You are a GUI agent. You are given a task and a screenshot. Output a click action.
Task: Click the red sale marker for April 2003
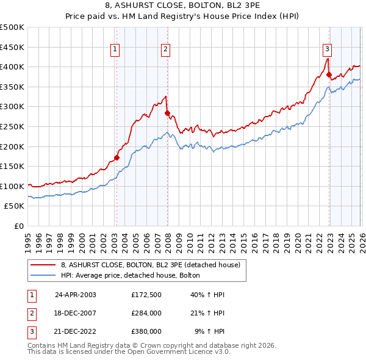coord(117,157)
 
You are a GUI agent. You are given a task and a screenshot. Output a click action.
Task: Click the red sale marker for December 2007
coord(167,113)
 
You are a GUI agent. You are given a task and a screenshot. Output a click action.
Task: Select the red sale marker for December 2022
coord(329,75)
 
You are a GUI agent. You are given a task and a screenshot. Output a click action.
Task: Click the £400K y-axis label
coord(13,67)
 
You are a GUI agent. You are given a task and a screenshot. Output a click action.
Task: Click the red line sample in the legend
coord(43,265)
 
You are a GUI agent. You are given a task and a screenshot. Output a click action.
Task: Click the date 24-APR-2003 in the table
coord(76,294)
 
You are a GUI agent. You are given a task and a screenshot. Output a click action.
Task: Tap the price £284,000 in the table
coord(146,313)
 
